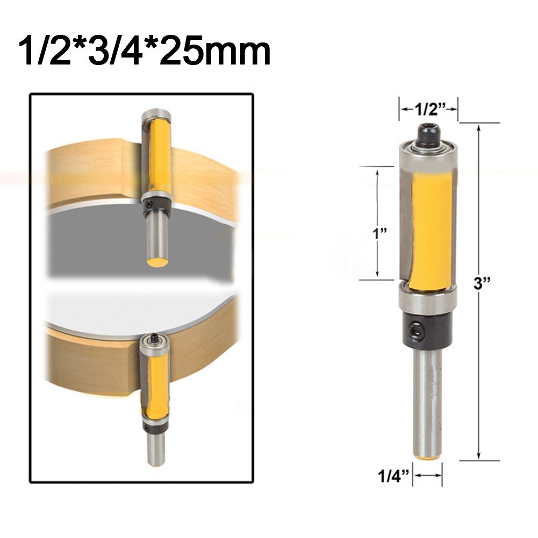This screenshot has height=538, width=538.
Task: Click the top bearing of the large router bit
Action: click(428, 148)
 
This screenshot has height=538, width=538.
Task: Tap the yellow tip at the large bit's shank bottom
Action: click(428, 456)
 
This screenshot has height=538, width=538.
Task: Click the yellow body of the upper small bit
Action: click(160, 156)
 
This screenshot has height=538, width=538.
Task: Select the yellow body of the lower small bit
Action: click(156, 387)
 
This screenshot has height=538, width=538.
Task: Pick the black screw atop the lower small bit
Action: click(155, 338)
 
